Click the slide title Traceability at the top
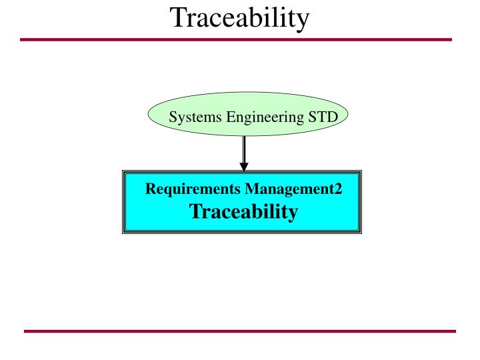[240, 18]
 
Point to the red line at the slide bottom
[240, 331]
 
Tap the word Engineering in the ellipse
[265, 119]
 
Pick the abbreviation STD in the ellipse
[323, 118]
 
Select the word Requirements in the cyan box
[193, 189]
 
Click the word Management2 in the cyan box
[293, 189]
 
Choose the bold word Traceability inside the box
[243, 212]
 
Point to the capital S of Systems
[173, 118]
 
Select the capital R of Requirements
[151, 189]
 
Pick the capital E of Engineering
[231, 118]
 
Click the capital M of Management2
[251, 189]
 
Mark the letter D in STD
[333, 118]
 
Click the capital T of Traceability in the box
[195, 212]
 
